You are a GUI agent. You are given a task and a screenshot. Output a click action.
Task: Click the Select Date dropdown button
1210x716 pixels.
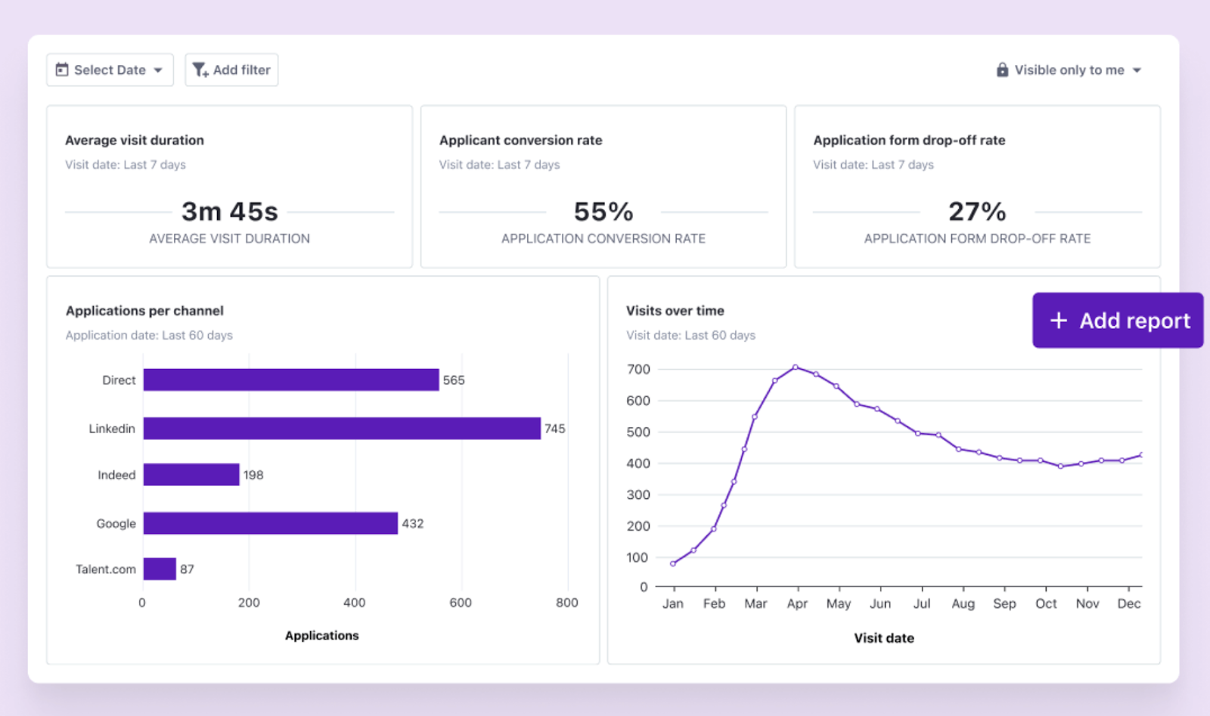point(110,70)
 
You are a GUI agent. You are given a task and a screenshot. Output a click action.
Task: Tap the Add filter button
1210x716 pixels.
point(231,70)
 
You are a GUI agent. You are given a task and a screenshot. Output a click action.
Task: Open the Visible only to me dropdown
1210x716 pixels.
point(1069,70)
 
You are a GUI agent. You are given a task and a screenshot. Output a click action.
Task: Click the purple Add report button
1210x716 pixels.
point(1118,321)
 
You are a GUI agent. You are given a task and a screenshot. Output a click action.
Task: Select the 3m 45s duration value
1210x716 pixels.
point(229,212)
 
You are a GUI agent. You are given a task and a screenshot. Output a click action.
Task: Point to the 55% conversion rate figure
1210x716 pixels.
point(603,212)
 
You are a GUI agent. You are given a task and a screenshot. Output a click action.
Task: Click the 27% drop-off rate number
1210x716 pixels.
point(977,212)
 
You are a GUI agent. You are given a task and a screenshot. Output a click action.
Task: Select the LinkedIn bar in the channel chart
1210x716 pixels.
point(342,429)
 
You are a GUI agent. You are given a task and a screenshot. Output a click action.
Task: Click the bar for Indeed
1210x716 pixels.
point(191,475)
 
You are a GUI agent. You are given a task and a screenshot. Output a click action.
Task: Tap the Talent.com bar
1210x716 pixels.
point(160,569)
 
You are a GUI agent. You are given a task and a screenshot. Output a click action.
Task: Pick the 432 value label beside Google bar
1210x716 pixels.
point(413,524)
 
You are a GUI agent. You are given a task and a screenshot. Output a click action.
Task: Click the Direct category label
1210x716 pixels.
point(119,380)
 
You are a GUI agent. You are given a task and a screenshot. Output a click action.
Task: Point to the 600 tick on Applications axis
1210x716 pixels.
point(461,603)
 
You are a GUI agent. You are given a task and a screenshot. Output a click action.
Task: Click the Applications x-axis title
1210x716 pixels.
point(321,636)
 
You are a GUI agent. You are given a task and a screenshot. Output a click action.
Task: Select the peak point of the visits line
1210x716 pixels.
point(795,367)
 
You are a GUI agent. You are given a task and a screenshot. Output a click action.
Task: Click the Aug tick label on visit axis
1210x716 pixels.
point(963,604)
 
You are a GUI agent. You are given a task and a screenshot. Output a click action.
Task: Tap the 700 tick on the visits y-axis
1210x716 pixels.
point(638,370)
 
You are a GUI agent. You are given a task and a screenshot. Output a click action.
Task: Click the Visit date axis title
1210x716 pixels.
point(883,638)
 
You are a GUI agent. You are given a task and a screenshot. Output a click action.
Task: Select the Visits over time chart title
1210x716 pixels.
point(675,311)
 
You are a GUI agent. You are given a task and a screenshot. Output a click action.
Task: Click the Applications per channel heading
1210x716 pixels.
point(144,311)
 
